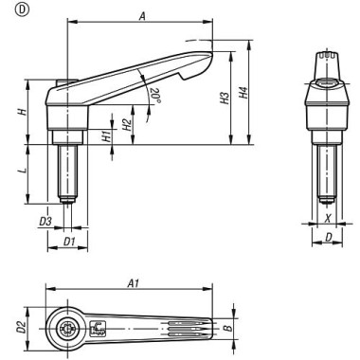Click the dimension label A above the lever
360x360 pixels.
(140, 16)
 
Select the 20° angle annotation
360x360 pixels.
(154, 95)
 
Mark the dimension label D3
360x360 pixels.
(45, 222)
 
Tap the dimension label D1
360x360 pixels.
(68, 243)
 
